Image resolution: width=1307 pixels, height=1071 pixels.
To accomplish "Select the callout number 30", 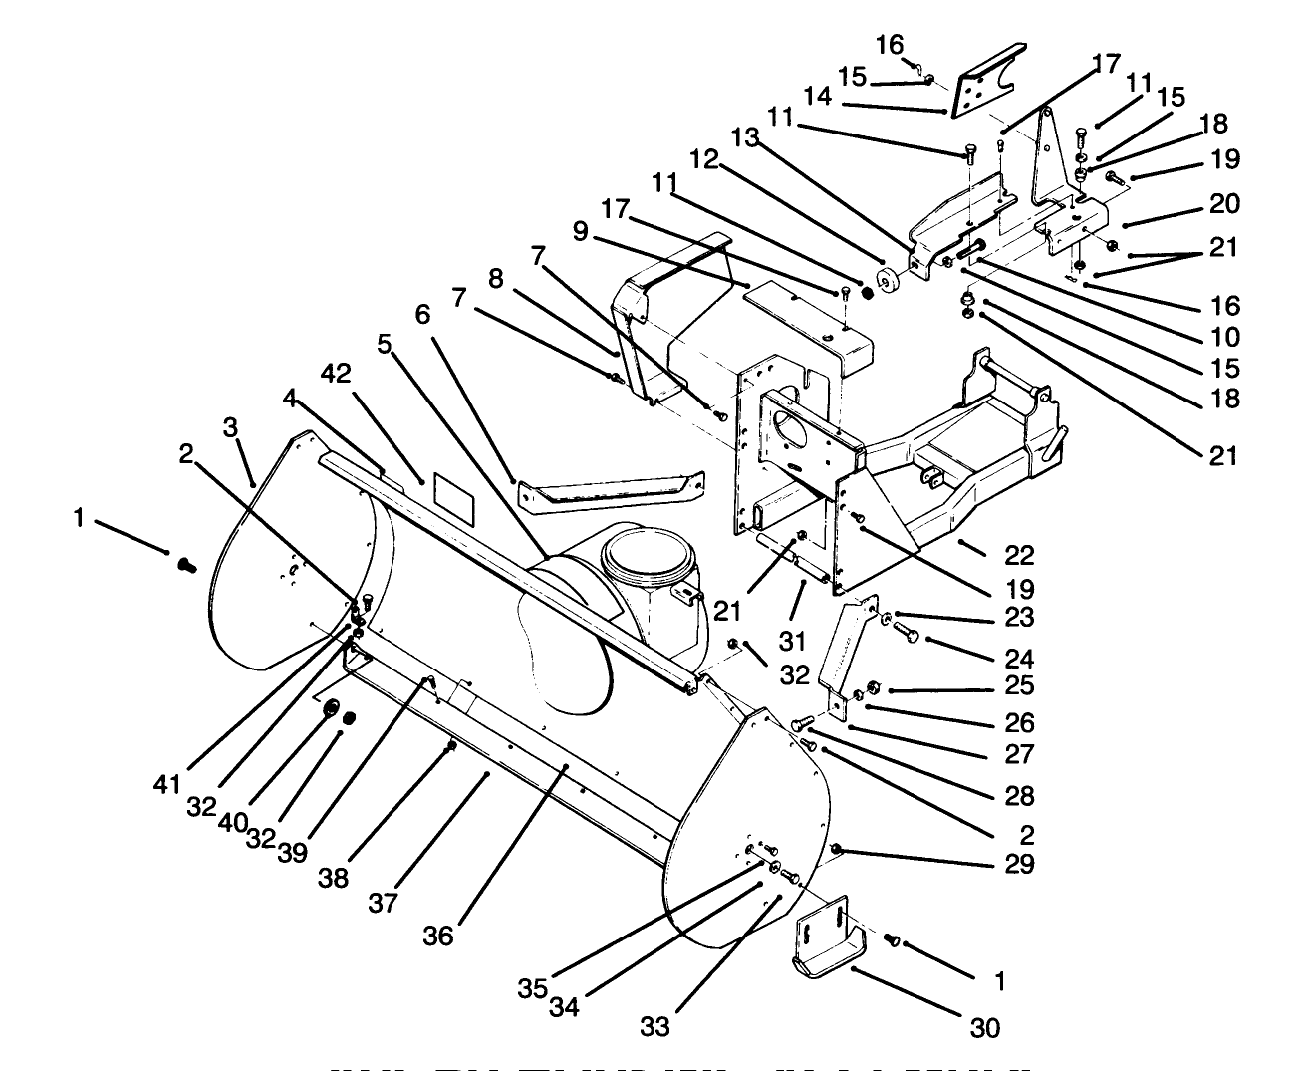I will tap(984, 1026).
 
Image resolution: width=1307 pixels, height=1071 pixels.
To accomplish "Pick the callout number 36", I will tap(438, 936).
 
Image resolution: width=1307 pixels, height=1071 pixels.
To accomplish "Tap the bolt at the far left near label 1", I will tap(184, 565).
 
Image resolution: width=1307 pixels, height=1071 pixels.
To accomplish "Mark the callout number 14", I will tap(817, 97).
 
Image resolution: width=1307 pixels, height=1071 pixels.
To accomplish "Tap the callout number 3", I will tap(230, 429).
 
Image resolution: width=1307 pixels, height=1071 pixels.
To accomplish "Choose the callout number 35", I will tap(531, 988).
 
